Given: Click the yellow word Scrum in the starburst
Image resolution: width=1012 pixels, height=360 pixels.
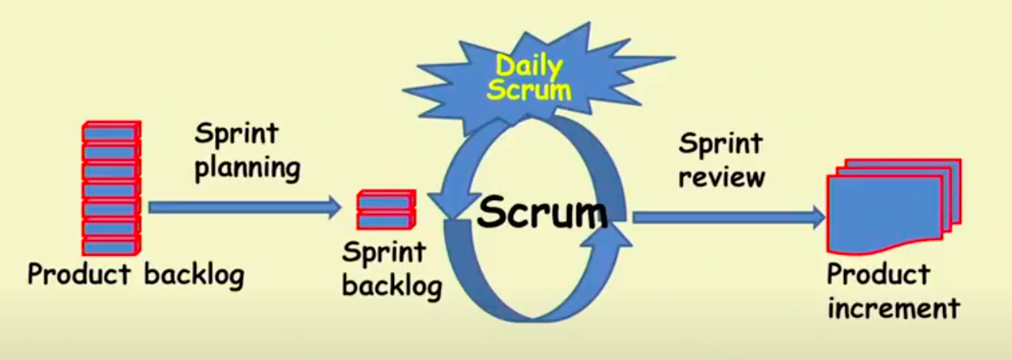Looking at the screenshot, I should point(529,90).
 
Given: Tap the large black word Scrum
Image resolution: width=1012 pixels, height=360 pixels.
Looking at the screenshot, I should point(542,213).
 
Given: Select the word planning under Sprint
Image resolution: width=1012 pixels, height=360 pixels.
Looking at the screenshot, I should point(247,169).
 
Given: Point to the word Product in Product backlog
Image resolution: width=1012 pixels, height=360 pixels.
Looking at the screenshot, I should point(79,274).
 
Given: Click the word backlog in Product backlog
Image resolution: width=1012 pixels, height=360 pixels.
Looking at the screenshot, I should point(194,274).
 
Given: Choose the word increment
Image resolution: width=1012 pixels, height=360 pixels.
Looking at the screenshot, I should point(894,308).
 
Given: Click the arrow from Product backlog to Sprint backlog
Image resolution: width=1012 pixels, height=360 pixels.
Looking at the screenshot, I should point(238,208).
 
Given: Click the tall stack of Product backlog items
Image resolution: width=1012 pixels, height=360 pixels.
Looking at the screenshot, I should point(111,189).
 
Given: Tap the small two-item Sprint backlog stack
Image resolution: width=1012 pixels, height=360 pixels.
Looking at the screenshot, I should point(385,210).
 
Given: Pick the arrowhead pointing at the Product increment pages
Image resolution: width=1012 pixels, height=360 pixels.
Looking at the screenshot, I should point(817,216).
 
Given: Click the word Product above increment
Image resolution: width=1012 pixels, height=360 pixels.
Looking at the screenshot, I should point(878,274).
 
